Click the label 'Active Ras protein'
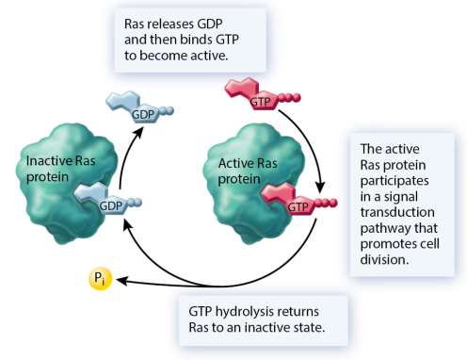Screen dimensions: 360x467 (234, 171)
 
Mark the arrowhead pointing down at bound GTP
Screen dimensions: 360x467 (321, 184)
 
